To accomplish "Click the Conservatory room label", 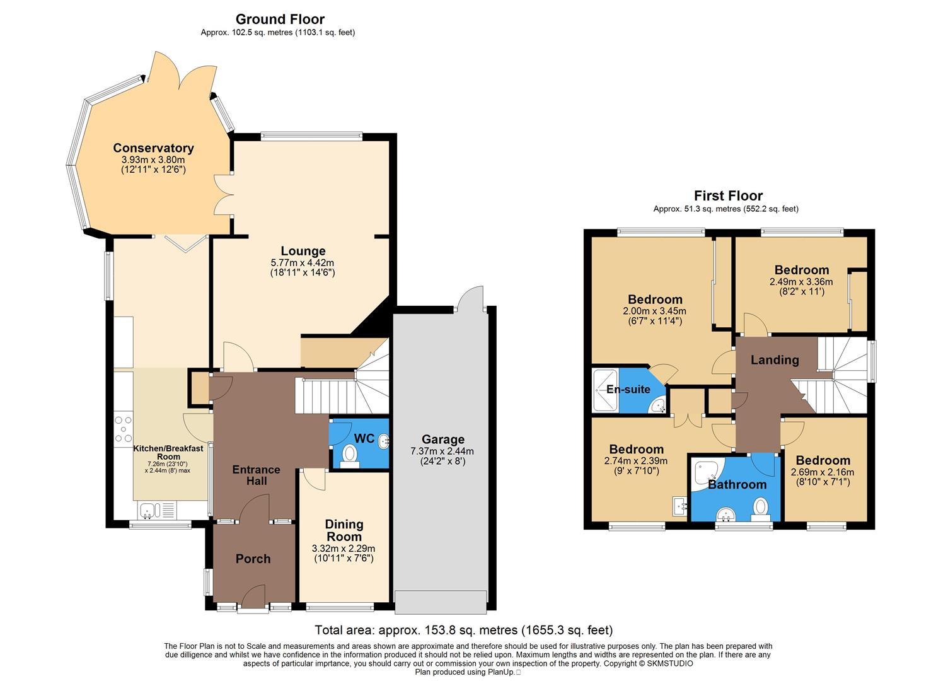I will pyautogui.click(x=153, y=148).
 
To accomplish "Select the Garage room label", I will pyautogui.click(x=443, y=439).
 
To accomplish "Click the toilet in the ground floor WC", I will pyautogui.click(x=349, y=453).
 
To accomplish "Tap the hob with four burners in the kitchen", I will pyautogui.click(x=124, y=429).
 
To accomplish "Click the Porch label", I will pyautogui.click(x=253, y=559).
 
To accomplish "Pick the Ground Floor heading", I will pyautogui.click(x=279, y=20).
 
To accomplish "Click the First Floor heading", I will pyautogui.click(x=728, y=195).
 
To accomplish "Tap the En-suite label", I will pyautogui.click(x=628, y=389).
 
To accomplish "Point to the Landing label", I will pyautogui.click(x=775, y=359).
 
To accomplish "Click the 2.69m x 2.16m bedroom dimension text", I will pyautogui.click(x=823, y=472).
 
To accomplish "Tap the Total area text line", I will pyautogui.click(x=463, y=630).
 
